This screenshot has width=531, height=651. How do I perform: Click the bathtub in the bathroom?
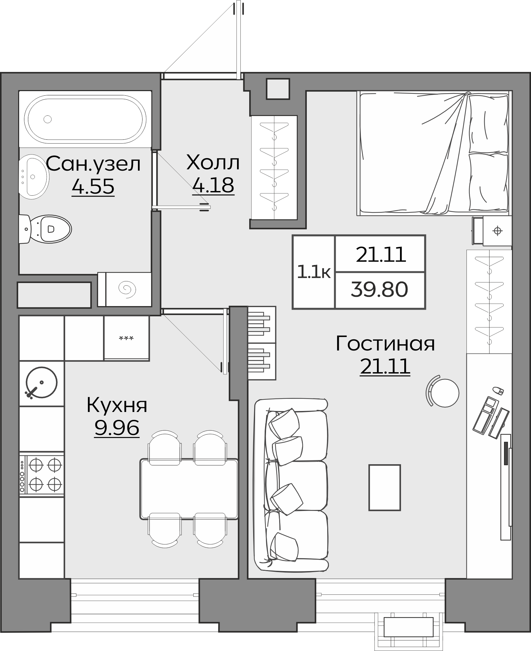pos(85,119)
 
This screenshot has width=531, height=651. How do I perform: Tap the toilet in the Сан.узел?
pos(49,229)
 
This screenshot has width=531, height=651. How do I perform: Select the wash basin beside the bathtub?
pos(33,177)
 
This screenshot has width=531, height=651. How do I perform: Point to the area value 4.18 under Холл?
pos(213,185)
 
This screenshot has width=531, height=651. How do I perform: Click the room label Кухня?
pos(117,405)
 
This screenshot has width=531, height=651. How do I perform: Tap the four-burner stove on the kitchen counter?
pos(42,474)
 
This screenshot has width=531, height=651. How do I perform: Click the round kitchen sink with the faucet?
pos(41,383)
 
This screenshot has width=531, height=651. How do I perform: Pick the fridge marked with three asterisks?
pos(126,338)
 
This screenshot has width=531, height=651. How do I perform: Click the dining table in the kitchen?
pos(189,489)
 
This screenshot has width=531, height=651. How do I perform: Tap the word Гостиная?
pos(385,344)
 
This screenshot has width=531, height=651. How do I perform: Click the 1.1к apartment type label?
pos(313,272)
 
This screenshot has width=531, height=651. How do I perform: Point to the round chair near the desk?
pos(444,393)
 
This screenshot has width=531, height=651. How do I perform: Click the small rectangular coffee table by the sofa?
pos(384,487)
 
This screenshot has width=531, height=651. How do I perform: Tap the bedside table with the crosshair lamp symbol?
pos(497,231)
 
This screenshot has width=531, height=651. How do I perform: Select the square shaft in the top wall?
pos(278,88)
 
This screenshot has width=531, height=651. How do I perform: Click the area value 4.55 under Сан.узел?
pos(93,187)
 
